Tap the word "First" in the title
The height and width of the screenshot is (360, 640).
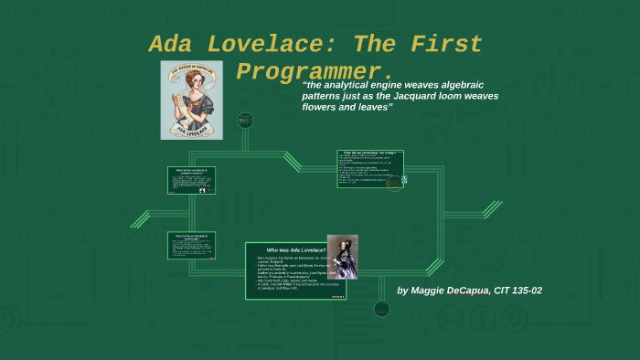[445, 44]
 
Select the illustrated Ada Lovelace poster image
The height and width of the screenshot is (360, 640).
[192, 101]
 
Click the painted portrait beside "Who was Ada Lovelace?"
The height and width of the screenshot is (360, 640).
[343, 257]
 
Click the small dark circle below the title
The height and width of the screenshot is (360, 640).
[244, 120]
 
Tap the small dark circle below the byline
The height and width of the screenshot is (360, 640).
[381, 309]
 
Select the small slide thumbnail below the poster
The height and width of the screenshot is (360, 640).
[192, 180]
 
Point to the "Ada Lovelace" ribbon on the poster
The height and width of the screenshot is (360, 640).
[192, 131]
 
